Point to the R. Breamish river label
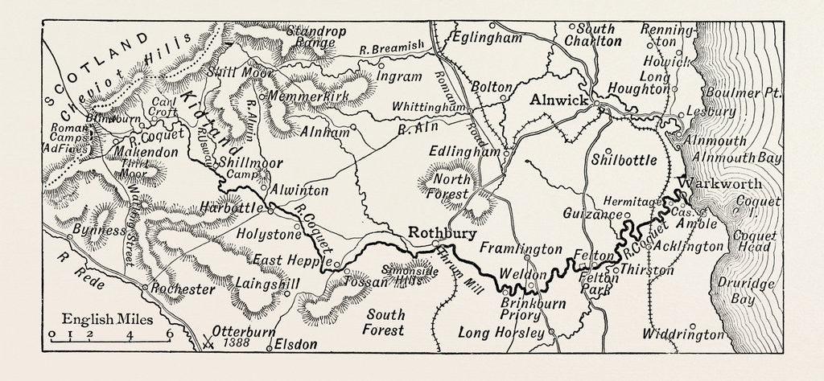tap(391, 50)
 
